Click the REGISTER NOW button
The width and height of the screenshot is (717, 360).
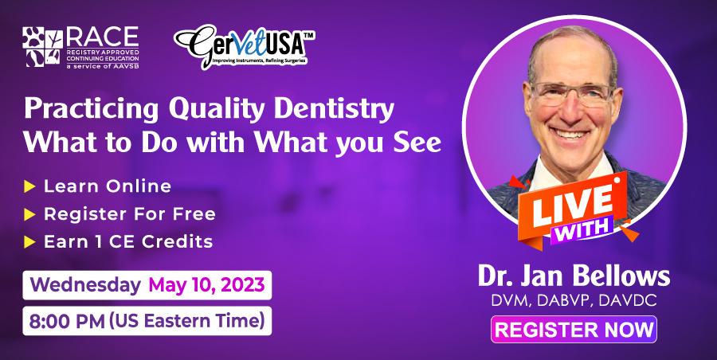[x=572, y=329]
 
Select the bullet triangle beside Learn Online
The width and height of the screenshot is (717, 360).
[x=29, y=186]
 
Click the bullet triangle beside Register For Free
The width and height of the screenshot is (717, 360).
[x=29, y=214]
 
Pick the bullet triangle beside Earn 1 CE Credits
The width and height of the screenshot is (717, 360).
[x=29, y=241]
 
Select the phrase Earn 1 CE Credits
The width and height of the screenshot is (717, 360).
[x=127, y=241]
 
